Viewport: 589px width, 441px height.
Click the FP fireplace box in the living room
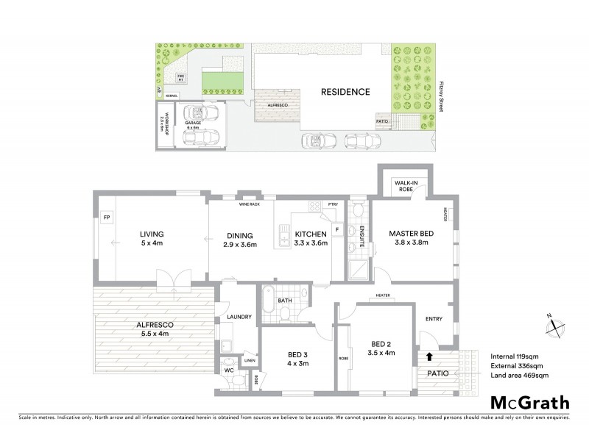point(106,218)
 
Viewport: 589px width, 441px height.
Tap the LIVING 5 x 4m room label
point(151,240)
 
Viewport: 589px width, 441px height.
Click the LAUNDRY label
point(241,317)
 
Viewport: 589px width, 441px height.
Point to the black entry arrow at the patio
point(430,358)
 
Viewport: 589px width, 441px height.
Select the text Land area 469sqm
point(520,376)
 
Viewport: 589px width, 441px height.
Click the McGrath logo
point(529,404)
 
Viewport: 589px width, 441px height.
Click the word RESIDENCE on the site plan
point(345,93)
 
